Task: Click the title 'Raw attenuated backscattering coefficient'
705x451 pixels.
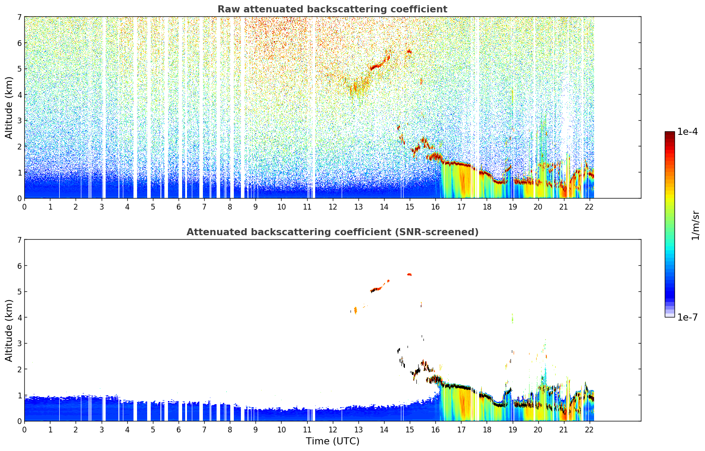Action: (332, 9)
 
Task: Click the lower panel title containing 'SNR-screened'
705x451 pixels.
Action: (332, 232)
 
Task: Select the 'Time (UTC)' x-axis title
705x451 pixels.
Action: (332, 441)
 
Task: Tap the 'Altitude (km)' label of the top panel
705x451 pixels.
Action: (9, 107)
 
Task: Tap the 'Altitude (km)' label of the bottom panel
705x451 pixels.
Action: (9, 330)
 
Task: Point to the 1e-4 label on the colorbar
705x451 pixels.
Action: (687, 132)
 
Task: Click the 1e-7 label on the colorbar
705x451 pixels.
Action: (687, 317)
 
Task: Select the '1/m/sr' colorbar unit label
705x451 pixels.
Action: (695, 225)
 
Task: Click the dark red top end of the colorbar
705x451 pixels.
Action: (670, 134)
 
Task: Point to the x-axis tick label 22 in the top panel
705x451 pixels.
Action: (589, 207)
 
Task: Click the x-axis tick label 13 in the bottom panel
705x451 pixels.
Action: (358, 430)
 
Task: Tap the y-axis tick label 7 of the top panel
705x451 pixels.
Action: (19, 17)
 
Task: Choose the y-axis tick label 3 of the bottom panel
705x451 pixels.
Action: (19, 344)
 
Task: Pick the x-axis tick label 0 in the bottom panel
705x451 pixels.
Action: (24, 430)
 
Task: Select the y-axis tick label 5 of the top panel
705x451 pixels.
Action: (19, 69)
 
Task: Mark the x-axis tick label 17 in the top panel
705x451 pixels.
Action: (461, 207)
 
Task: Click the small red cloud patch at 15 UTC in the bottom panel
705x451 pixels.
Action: (409, 275)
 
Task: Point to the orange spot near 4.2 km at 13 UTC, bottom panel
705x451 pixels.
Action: (355, 310)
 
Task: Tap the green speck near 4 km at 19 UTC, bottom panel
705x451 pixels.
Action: (512, 318)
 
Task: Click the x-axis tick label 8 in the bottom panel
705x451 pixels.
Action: (230, 430)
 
